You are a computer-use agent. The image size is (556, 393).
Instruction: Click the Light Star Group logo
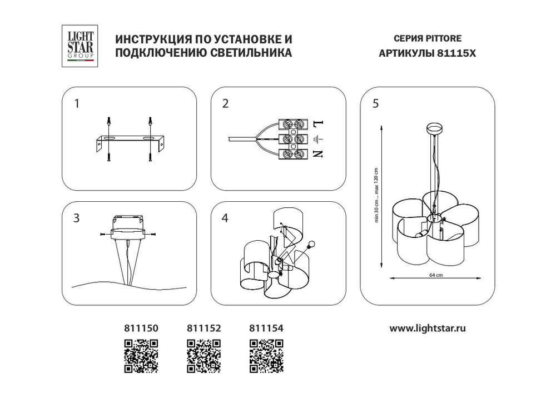point(81,47)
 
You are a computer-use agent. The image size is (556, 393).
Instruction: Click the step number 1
point(77,103)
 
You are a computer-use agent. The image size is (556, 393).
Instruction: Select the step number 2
point(225,103)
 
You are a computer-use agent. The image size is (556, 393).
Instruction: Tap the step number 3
point(77,218)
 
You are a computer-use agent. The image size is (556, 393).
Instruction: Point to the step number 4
point(225,218)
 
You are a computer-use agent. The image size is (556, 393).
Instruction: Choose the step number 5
point(376,103)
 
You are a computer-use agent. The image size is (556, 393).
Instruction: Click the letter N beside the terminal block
point(317,154)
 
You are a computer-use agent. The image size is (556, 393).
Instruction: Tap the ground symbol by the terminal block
point(317,139)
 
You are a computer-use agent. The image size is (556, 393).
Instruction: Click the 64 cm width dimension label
point(436,275)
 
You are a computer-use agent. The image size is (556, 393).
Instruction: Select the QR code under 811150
point(141,355)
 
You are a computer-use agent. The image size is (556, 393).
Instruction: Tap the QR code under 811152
point(202,355)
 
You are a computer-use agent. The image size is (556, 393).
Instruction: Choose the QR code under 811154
point(265,355)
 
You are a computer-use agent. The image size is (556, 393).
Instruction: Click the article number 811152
point(202,329)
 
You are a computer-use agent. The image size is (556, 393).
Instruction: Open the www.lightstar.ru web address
point(427,328)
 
